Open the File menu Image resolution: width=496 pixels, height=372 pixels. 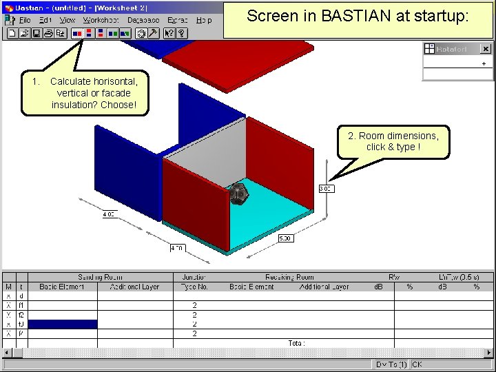25,20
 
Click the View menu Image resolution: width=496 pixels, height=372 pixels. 67,20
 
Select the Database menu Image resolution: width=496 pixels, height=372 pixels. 143,20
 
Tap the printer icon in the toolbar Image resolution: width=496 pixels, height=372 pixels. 48,32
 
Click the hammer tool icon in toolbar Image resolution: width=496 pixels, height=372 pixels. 153,32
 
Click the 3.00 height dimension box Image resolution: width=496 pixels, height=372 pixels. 326,188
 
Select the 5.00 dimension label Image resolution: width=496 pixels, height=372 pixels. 285,238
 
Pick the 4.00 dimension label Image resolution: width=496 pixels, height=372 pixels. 109,214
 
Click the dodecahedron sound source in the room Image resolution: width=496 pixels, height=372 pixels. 238,194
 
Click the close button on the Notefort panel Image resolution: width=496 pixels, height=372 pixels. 485,49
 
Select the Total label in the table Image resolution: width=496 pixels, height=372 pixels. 296,342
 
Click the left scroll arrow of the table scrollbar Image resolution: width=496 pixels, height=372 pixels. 7,353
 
